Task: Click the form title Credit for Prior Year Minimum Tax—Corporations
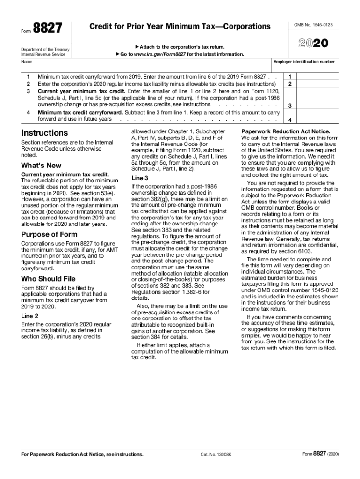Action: click(x=180, y=27)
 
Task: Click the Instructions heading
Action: click(x=44, y=133)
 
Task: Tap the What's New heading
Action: click(x=41, y=165)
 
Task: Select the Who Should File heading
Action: click(x=48, y=279)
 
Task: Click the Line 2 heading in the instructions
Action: click(x=29, y=316)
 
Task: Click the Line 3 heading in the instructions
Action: click(x=140, y=178)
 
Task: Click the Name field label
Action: click(x=27, y=61)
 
